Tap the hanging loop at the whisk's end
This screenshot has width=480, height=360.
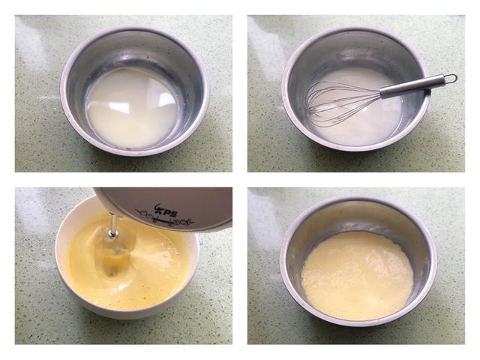pyautogui.click(x=449, y=78)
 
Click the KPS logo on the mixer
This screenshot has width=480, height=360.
pyautogui.click(x=165, y=211)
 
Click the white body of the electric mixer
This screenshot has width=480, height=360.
pyautogui.click(x=195, y=202)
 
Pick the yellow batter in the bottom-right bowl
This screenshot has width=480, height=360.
pyautogui.click(x=357, y=274)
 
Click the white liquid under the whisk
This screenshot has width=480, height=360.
pyautogui.click(x=367, y=124)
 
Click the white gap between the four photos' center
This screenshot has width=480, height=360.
pyautogui.click(x=240, y=180)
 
